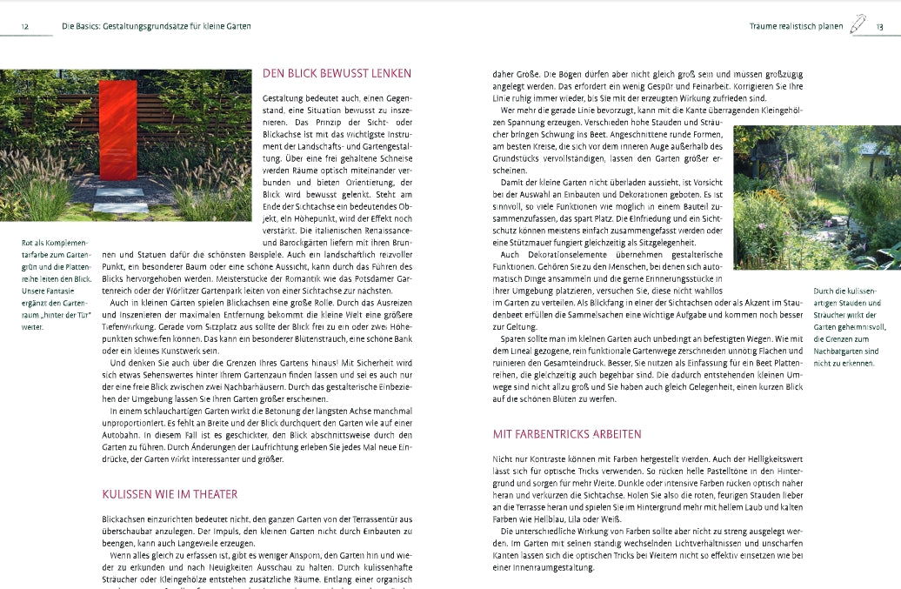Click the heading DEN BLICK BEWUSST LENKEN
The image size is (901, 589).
pos(337,74)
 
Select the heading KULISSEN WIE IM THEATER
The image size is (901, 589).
pos(170,494)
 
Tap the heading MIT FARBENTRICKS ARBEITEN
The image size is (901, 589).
pos(566,433)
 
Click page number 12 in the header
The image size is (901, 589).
pos(25,26)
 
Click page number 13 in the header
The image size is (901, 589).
pos(879,27)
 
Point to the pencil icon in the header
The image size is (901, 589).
pos(859,23)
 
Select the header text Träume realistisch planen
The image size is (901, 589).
pos(796,27)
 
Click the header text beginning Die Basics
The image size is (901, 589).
pos(157,26)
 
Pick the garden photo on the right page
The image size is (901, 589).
pos(817,197)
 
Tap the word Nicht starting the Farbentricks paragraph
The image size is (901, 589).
pos(504,458)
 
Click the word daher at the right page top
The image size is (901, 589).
pos(504,74)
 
